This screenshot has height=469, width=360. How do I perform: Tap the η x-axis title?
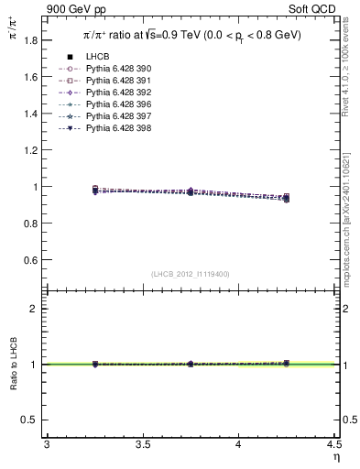(x=335, y=456)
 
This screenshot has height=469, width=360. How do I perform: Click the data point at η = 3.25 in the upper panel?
(x=94, y=190)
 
